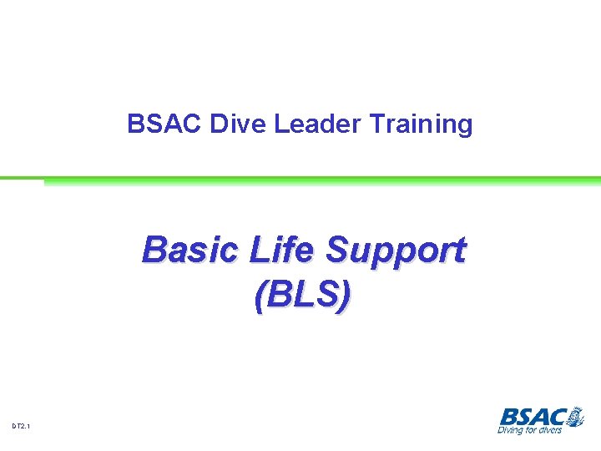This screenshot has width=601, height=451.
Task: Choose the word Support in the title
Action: pos(396,250)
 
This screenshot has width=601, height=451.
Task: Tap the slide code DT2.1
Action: pos(22,427)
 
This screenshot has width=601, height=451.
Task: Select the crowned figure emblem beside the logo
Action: pos(575,415)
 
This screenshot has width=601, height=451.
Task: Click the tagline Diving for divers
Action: pos(530,430)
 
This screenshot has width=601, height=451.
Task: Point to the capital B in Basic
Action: pos(154,250)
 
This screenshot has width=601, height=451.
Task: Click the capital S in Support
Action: pos(338,250)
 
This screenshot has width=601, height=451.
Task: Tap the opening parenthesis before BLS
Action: pos(260,296)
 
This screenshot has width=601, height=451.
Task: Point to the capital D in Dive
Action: pos(218,124)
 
